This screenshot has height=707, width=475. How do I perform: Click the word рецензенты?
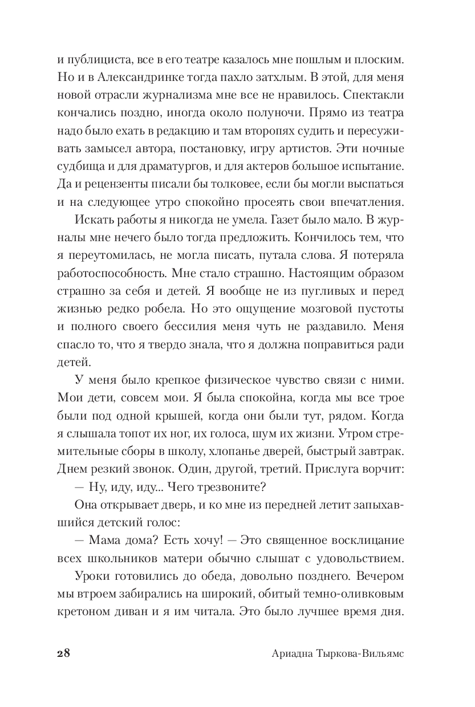point(118,184)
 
